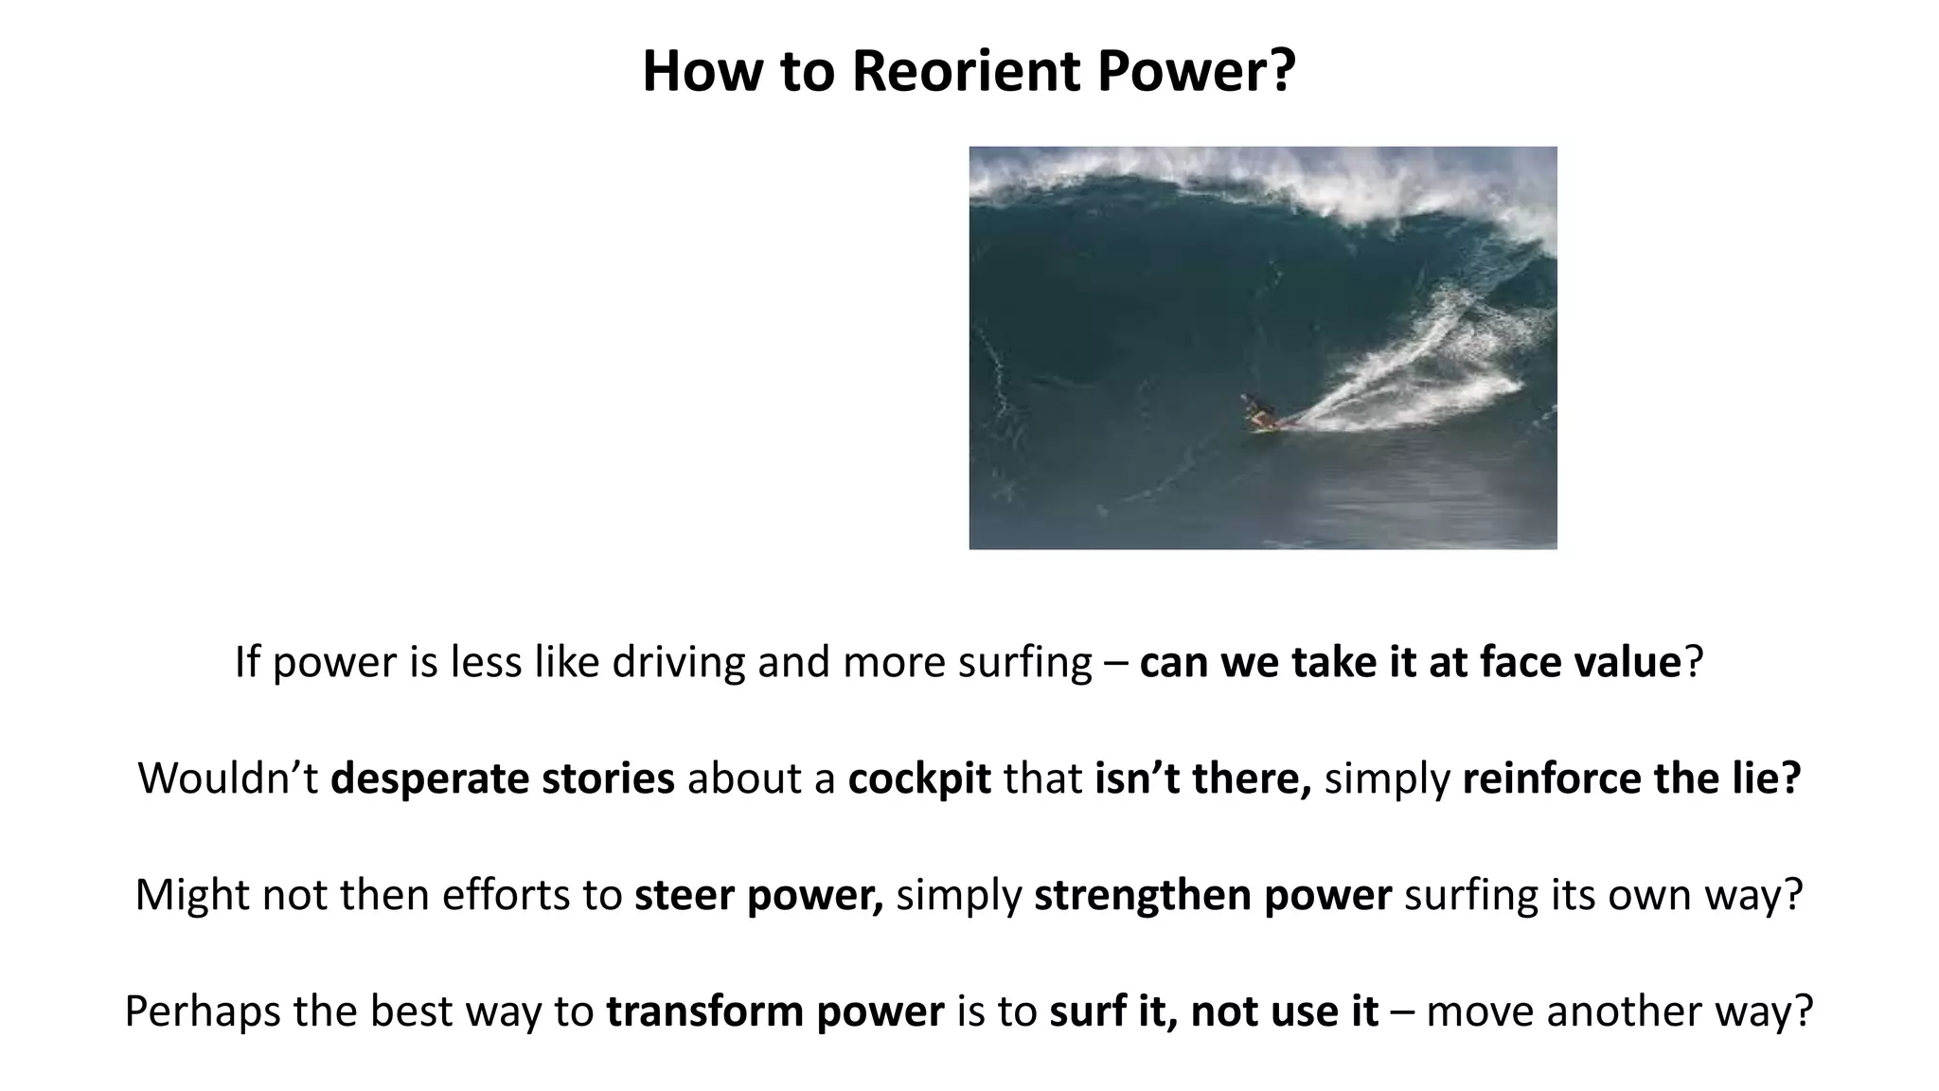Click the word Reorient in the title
[965, 72]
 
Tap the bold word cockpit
[919, 778]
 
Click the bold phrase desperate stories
[503, 778]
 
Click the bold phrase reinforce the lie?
[1630, 778]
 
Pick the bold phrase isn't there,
[1202, 778]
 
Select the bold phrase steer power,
[758, 895]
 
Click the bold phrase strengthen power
[1213, 895]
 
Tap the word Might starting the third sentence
[192, 895]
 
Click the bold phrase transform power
[775, 1011]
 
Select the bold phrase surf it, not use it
[1214, 1011]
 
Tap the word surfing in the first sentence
[1025, 661]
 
